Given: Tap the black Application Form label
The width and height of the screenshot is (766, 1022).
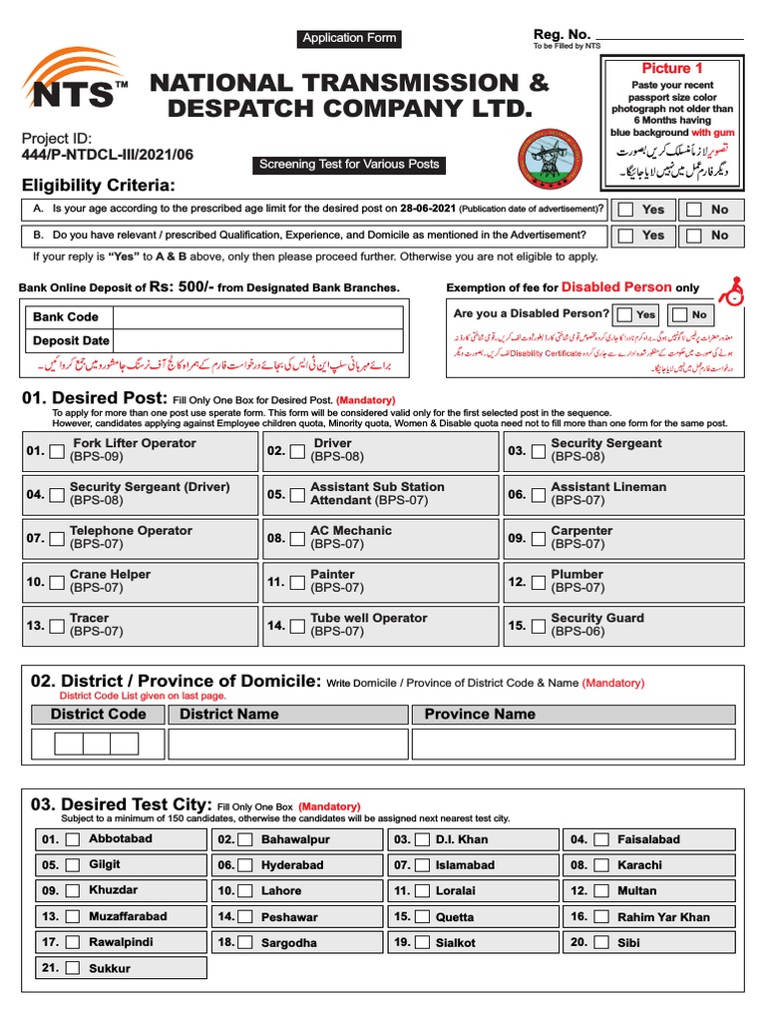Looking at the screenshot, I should (349, 38).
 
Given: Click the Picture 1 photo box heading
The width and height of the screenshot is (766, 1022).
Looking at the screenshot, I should (672, 68).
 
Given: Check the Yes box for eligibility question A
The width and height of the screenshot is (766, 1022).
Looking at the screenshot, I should (625, 210).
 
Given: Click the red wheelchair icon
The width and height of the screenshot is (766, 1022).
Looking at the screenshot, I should (733, 289).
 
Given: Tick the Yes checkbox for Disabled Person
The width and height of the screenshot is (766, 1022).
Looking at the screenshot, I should (623, 314).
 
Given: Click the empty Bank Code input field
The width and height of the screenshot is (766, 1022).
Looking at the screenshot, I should (257, 317).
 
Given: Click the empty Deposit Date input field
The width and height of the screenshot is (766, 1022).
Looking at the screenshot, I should (257, 340).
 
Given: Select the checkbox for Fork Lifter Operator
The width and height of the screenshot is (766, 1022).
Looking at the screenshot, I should (57, 451).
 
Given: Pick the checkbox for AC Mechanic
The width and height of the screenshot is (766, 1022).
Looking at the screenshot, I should (297, 539).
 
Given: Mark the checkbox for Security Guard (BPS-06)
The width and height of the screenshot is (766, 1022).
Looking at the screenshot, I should (539, 626).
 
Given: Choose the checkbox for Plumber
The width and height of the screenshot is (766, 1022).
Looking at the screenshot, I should (539, 582).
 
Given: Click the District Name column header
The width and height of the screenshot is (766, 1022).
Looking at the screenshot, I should (229, 714).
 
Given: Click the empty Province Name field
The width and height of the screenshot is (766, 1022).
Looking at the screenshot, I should (576, 745).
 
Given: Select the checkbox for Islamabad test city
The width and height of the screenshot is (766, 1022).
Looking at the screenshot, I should (422, 865).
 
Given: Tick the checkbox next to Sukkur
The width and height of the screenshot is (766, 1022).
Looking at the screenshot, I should (72, 968).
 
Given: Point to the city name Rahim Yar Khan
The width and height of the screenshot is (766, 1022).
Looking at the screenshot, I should (663, 917).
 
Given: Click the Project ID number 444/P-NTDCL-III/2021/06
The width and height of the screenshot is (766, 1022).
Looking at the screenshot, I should (108, 155).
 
